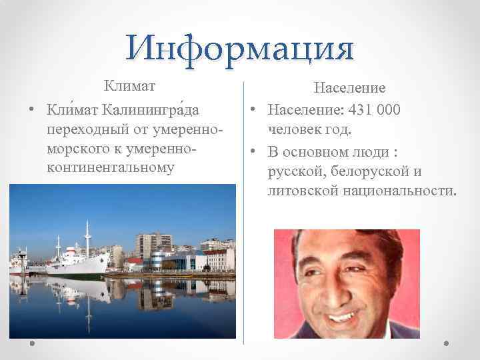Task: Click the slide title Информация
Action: pyautogui.click(x=240, y=48)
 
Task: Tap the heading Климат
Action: pyautogui.click(x=129, y=86)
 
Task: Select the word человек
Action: pyautogui.click(x=293, y=129)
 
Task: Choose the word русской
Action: pyautogui.click(x=292, y=172)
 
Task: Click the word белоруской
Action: pyautogui.click(x=368, y=172)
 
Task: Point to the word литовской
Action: pyautogui.click(x=299, y=192)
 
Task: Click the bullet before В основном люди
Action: pyautogui.click(x=255, y=151)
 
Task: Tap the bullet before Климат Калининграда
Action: pyautogui.click(x=31, y=108)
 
